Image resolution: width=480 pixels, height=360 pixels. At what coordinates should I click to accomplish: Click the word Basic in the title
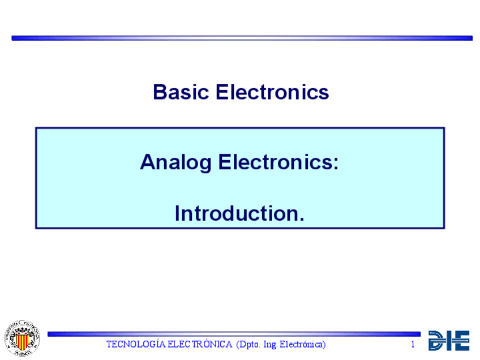coord(181,92)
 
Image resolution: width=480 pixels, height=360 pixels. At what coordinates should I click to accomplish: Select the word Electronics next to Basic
coord(272,92)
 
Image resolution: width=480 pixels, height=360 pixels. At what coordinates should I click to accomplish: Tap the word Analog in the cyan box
coord(175,163)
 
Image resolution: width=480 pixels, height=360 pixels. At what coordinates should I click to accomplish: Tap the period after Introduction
coord(302,218)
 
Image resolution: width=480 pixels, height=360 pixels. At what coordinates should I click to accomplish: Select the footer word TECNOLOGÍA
coord(136,344)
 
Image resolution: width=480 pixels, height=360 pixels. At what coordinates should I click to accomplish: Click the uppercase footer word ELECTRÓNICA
coord(200,344)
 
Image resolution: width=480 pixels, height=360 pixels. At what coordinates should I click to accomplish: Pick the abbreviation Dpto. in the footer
coord(248,345)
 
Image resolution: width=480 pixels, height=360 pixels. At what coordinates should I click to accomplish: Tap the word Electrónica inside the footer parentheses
coord(301,345)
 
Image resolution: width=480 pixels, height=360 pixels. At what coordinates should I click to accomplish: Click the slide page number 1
coord(413,344)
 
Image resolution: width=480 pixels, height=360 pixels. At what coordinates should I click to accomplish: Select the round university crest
coord(22,338)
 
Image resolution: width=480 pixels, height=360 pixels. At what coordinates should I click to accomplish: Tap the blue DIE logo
coord(449,340)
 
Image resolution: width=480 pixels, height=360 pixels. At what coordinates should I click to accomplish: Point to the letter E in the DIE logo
coord(459,340)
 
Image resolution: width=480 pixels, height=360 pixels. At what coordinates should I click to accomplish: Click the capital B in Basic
coord(160,92)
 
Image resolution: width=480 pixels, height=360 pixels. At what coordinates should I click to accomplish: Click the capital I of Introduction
coord(177,213)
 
